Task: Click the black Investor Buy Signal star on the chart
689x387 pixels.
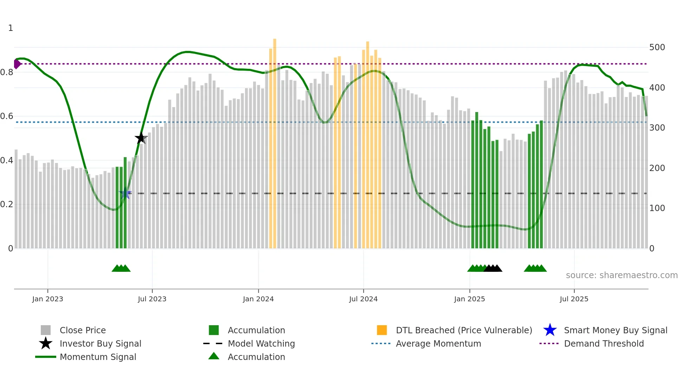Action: (x=141, y=138)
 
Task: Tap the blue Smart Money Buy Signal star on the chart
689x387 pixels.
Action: (x=125, y=193)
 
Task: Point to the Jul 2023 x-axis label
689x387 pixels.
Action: (x=152, y=299)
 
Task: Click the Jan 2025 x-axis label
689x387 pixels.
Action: (x=469, y=299)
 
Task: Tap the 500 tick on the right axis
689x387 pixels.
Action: (x=657, y=47)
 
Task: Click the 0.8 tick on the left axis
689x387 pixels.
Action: (x=7, y=72)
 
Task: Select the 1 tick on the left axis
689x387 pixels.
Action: (x=11, y=28)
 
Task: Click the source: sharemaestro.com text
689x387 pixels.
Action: (x=622, y=275)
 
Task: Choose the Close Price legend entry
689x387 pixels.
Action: (x=83, y=330)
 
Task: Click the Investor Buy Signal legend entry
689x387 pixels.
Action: (x=100, y=343)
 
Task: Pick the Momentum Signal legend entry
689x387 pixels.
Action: (x=98, y=357)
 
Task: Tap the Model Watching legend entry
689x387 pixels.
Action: (x=261, y=343)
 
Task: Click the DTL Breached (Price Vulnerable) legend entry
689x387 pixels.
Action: (x=464, y=330)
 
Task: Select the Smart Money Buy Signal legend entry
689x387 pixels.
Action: (x=615, y=330)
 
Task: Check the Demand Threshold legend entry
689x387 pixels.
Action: (x=604, y=343)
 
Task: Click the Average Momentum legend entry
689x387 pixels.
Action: (x=438, y=343)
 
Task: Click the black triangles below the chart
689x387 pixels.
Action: (x=493, y=268)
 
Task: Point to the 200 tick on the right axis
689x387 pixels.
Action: (x=657, y=168)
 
